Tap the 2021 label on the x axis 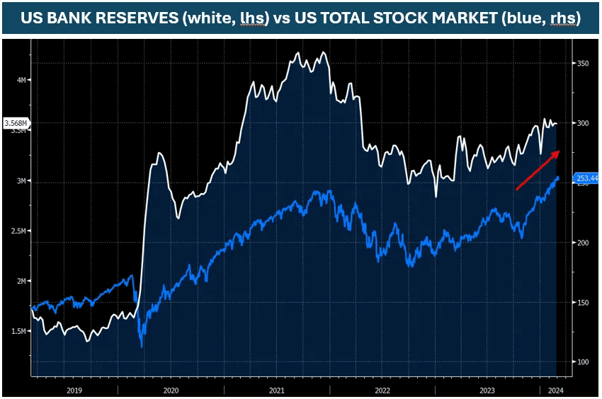coord(277,390)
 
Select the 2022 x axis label coord(382,390)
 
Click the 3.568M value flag coord(16,124)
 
